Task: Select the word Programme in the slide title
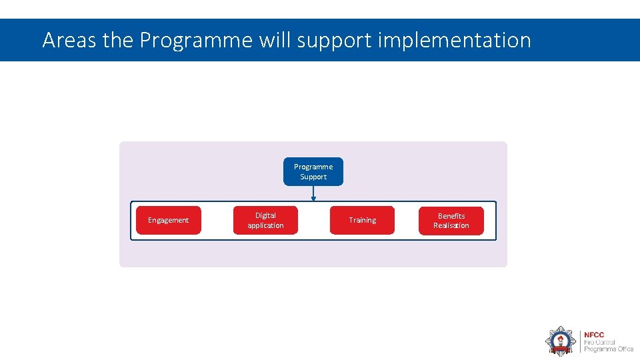(x=196, y=41)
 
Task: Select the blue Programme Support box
(x=313, y=171)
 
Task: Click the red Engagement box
(x=168, y=220)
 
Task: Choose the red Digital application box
(x=265, y=220)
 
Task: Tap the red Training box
(x=362, y=220)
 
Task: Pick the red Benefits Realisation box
(x=451, y=220)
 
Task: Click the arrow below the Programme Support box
(x=313, y=193)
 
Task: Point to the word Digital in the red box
(x=265, y=215)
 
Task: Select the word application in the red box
(x=265, y=225)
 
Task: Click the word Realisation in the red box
(x=451, y=225)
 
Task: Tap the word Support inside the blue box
(x=313, y=177)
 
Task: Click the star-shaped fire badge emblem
(x=561, y=341)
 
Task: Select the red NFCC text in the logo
(x=594, y=335)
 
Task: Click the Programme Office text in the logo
(x=608, y=349)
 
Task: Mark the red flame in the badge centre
(x=561, y=339)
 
